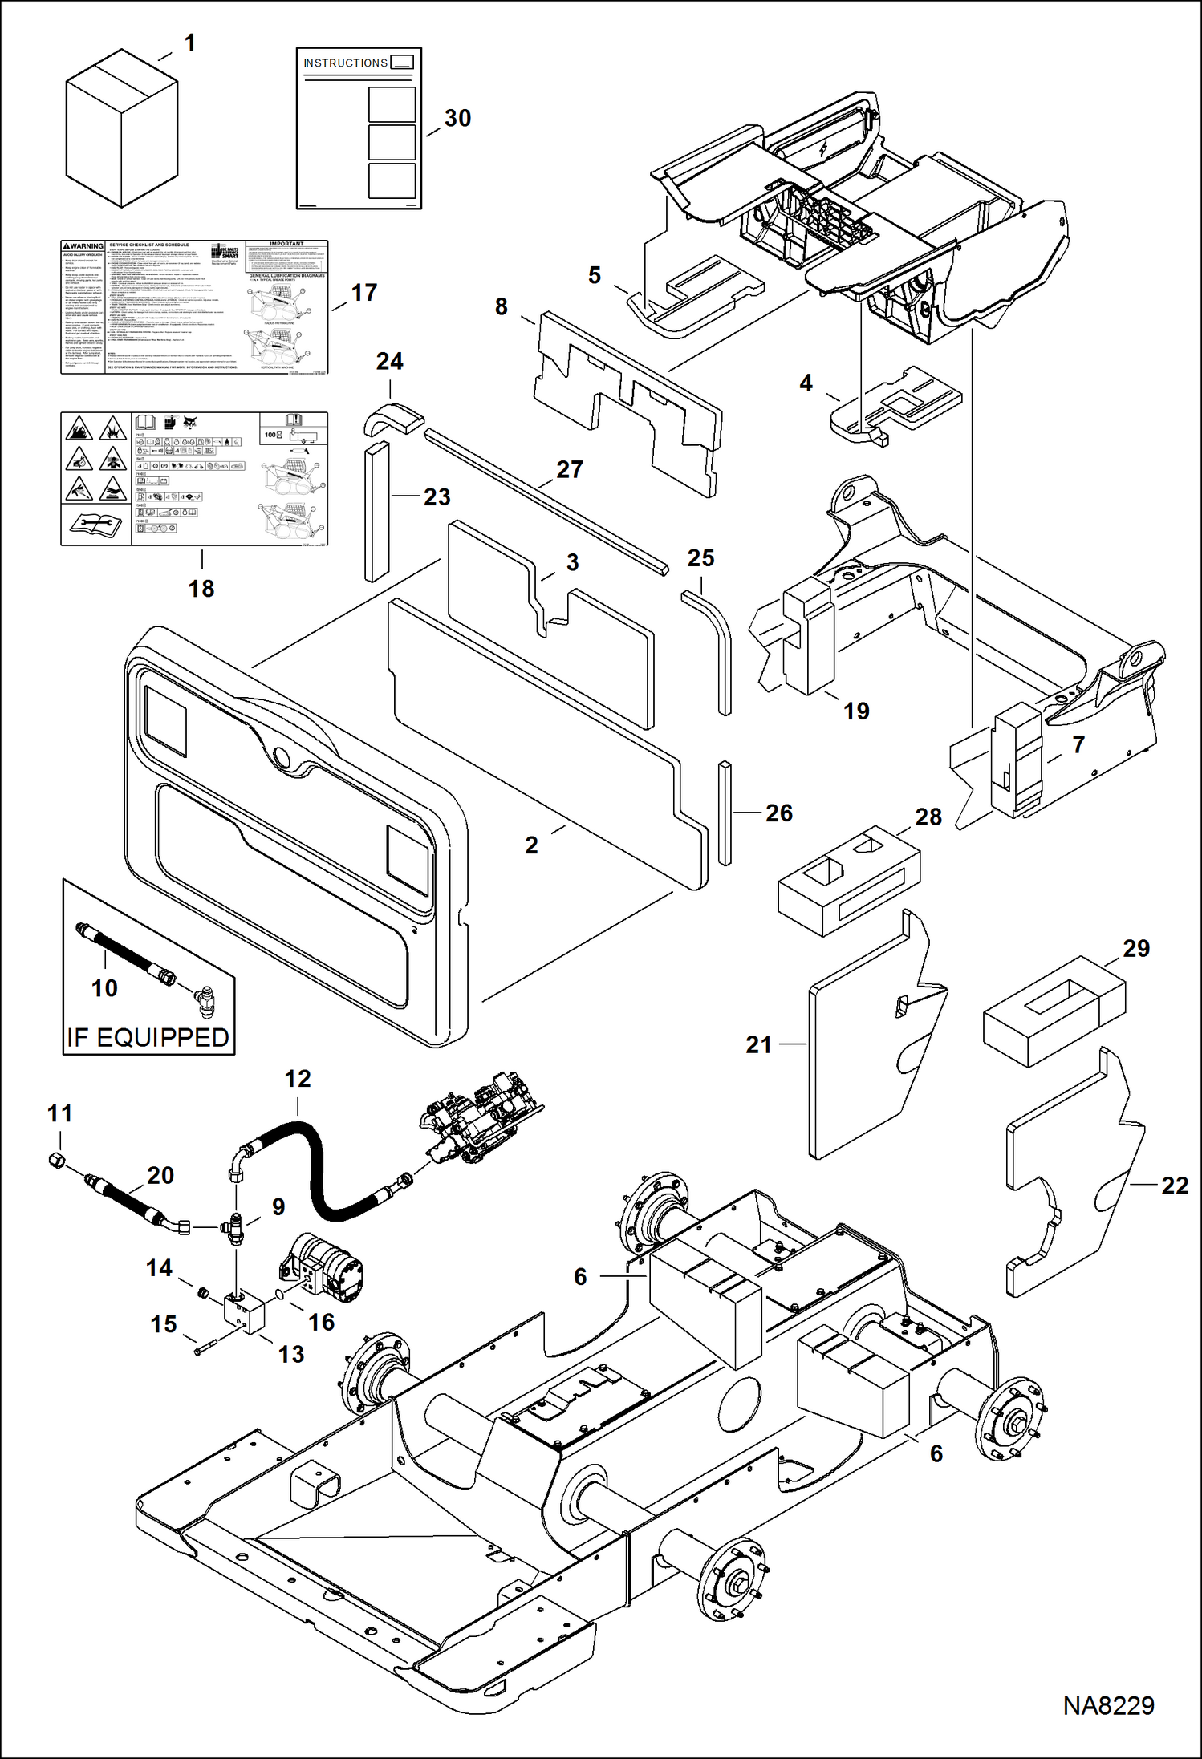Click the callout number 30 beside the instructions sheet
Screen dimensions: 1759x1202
[x=457, y=119]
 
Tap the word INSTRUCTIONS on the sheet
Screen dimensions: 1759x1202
[x=345, y=63]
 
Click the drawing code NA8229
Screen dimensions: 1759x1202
[x=1108, y=1705]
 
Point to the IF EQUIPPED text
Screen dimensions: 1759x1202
[x=148, y=1037]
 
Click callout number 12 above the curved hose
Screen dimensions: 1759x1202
[x=297, y=1079]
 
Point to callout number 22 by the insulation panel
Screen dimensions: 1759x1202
[x=1174, y=1186]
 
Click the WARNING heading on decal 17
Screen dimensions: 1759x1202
[x=83, y=246]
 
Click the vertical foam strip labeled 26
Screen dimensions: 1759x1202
[x=725, y=813]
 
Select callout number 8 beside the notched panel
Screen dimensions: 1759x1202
[x=501, y=306]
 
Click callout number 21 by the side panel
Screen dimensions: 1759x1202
[x=758, y=1044]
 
